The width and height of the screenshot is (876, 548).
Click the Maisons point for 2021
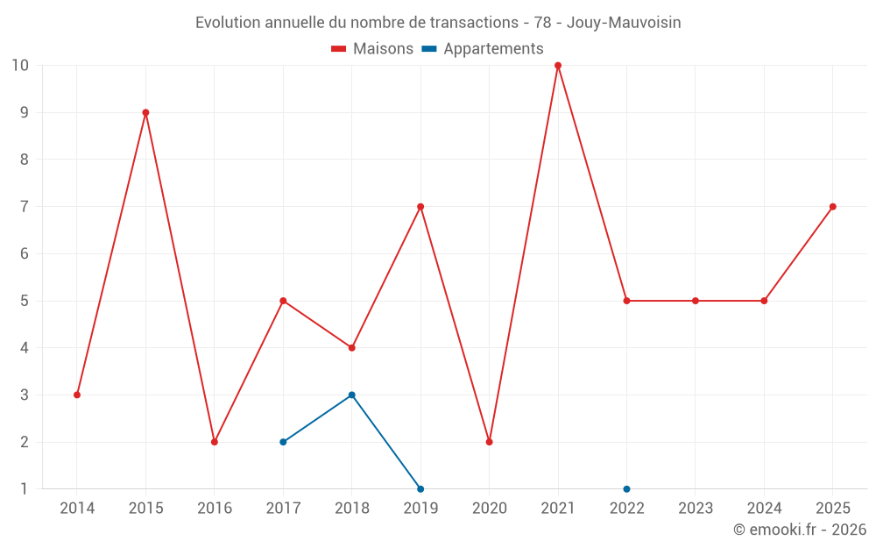click(557, 66)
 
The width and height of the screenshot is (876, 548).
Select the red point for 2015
click(145, 112)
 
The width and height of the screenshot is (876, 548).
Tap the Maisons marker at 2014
click(77, 395)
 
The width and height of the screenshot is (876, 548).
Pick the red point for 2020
click(490, 442)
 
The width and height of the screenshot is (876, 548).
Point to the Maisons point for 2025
click(832, 207)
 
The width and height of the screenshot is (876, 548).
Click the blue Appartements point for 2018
click(352, 395)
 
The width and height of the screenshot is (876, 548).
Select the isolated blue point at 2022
click(626, 488)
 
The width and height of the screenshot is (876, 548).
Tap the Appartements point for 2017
click(283, 442)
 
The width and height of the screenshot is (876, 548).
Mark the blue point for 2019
click(420, 488)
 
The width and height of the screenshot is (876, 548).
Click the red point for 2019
click(420, 207)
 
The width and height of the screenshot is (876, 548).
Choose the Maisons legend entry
click(372, 48)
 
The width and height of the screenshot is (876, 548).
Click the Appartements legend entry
click(483, 49)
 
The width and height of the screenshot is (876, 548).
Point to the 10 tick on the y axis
click(20, 66)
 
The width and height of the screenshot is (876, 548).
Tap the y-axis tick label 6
click(24, 254)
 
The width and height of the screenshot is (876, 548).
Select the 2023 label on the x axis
click(695, 508)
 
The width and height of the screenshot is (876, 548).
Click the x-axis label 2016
click(215, 508)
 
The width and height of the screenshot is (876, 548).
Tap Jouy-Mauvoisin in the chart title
click(624, 23)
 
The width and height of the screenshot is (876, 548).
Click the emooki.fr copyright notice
click(800, 529)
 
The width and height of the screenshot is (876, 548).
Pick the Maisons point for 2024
click(764, 301)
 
